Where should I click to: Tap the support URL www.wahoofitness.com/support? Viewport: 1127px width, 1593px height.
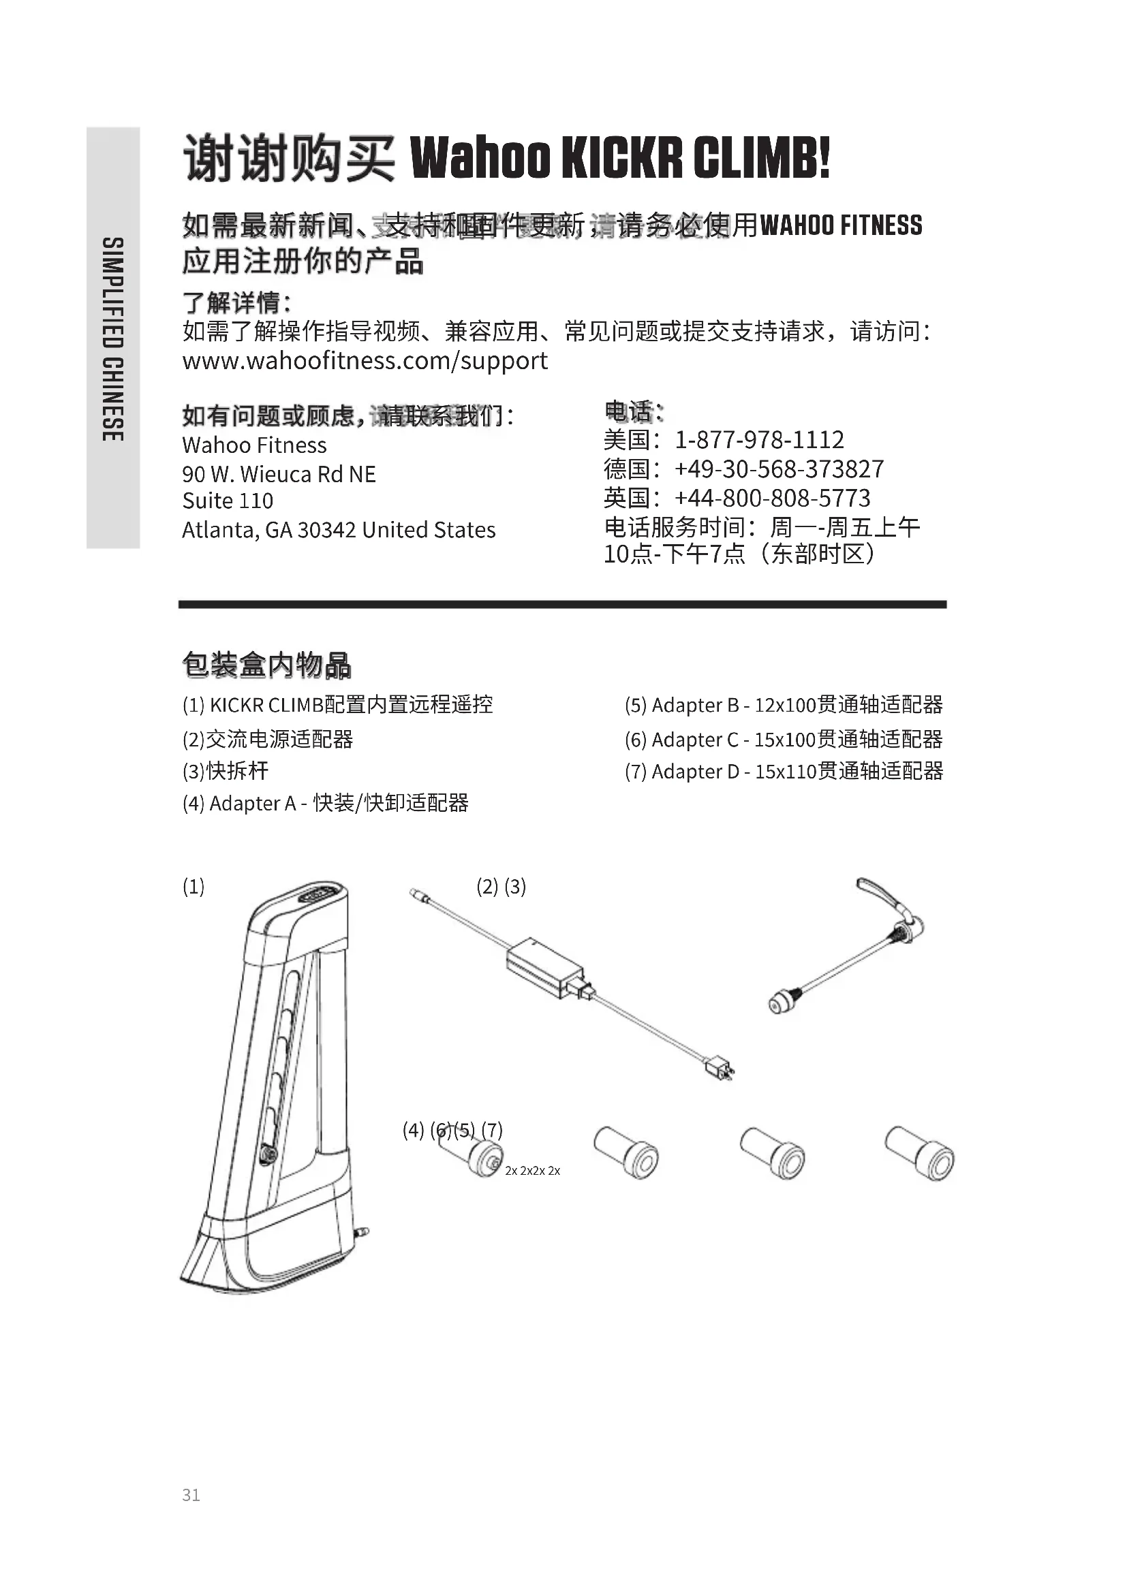[x=365, y=361]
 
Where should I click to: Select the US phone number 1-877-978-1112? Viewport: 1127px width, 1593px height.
[x=759, y=440]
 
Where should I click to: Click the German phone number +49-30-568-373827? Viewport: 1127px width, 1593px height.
[x=779, y=469]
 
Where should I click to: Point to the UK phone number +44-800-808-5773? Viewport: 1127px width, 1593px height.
[x=772, y=498]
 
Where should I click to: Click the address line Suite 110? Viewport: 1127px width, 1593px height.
[x=228, y=501]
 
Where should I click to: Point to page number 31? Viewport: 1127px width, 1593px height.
[x=191, y=1495]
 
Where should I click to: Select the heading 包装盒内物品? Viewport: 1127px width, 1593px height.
[x=266, y=665]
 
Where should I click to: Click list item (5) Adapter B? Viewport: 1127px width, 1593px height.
[x=783, y=705]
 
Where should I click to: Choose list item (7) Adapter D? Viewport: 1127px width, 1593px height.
[x=783, y=772]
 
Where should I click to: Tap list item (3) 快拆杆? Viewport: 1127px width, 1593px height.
[x=226, y=771]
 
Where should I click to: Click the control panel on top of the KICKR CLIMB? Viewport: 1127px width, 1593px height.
[x=322, y=894]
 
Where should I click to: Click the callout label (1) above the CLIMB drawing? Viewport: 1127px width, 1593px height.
[x=194, y=887]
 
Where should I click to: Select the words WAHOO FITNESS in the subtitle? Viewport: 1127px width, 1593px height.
[x=841, y=225]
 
